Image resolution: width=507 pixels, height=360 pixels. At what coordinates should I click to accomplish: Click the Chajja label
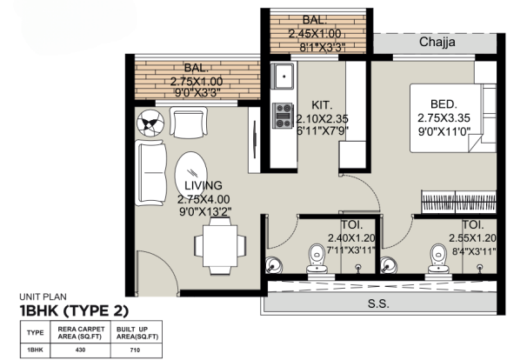[439, 42]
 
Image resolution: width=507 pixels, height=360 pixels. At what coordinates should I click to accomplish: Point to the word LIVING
[203, 185]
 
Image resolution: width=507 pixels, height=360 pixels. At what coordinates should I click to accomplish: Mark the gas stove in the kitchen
[283, 111]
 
